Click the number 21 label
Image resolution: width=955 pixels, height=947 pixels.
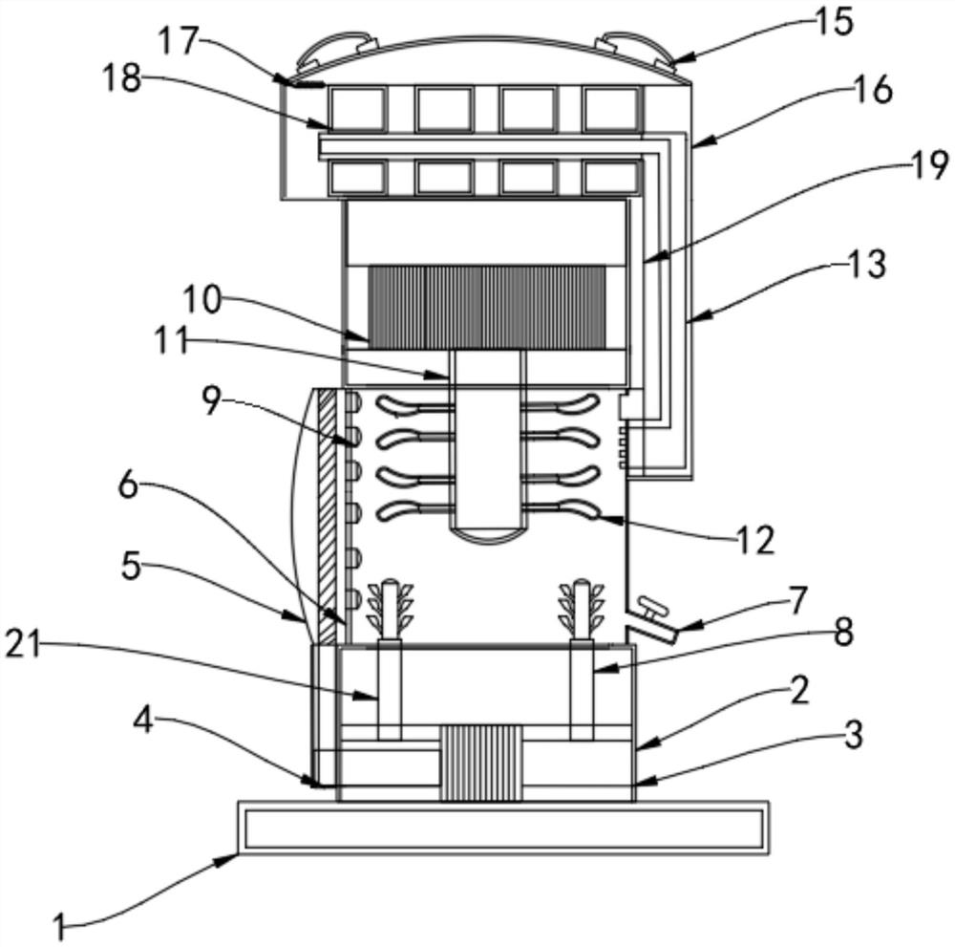[x=23, y=644]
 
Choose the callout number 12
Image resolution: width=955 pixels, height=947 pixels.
[x=754, y=540]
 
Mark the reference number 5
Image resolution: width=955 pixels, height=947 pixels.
[x=131, y=567]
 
